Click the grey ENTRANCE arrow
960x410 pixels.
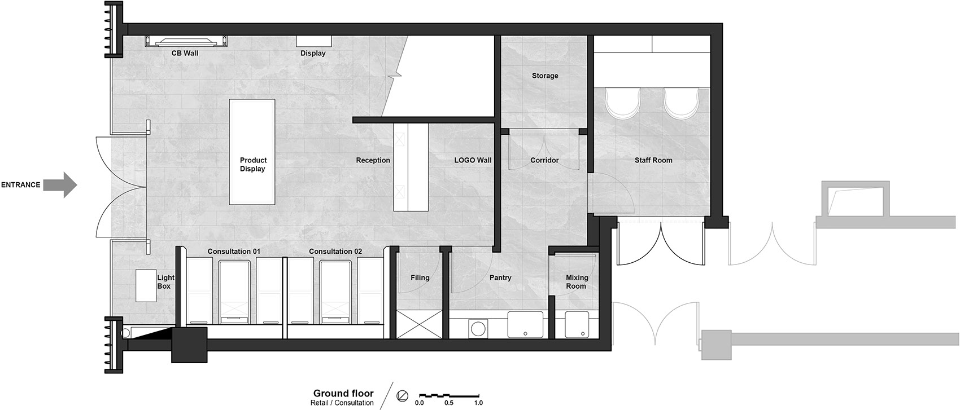pyautogui.click(x=60, y=185)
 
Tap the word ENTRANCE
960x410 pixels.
pyautogui.click(x=20, y=185)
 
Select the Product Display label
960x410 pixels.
pyautogui.click(x=253, y=164)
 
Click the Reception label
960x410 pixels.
pyautogui.click(x=373, y=160)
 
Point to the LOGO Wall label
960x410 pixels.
pyautogui.click(x=473, y=160)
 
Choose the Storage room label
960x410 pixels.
pyautogui.click(x=545, y=76)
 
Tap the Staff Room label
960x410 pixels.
pyautogui.click(x=653, y=160)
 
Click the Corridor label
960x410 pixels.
pyautogui.click(x=545, y=160)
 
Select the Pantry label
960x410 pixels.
pyautogui.click(x=500, y=278)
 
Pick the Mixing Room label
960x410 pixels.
pyautogui.click(x=577, y=281)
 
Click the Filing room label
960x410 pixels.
pyautogui.click(x=420, y=278)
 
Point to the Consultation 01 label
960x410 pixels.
pyautogui.click(x=234, y=251)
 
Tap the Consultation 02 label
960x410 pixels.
pyautogui.click(x=335, y=251)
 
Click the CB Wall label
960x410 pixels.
pyautogui.click(x=185, y=53)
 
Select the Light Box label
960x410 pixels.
pyautogui.click(x=165, y=281)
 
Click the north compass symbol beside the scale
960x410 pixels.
pyautogui.click(x=403, y=396)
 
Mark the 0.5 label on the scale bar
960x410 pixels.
pyautogui.click(x=449, y=403)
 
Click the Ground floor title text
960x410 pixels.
pyautogui.click(x=343, y=393)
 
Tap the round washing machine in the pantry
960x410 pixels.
pyautogui.click(x=478, y=329)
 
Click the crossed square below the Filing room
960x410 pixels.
pyautogui.click(x=419, y=324)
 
